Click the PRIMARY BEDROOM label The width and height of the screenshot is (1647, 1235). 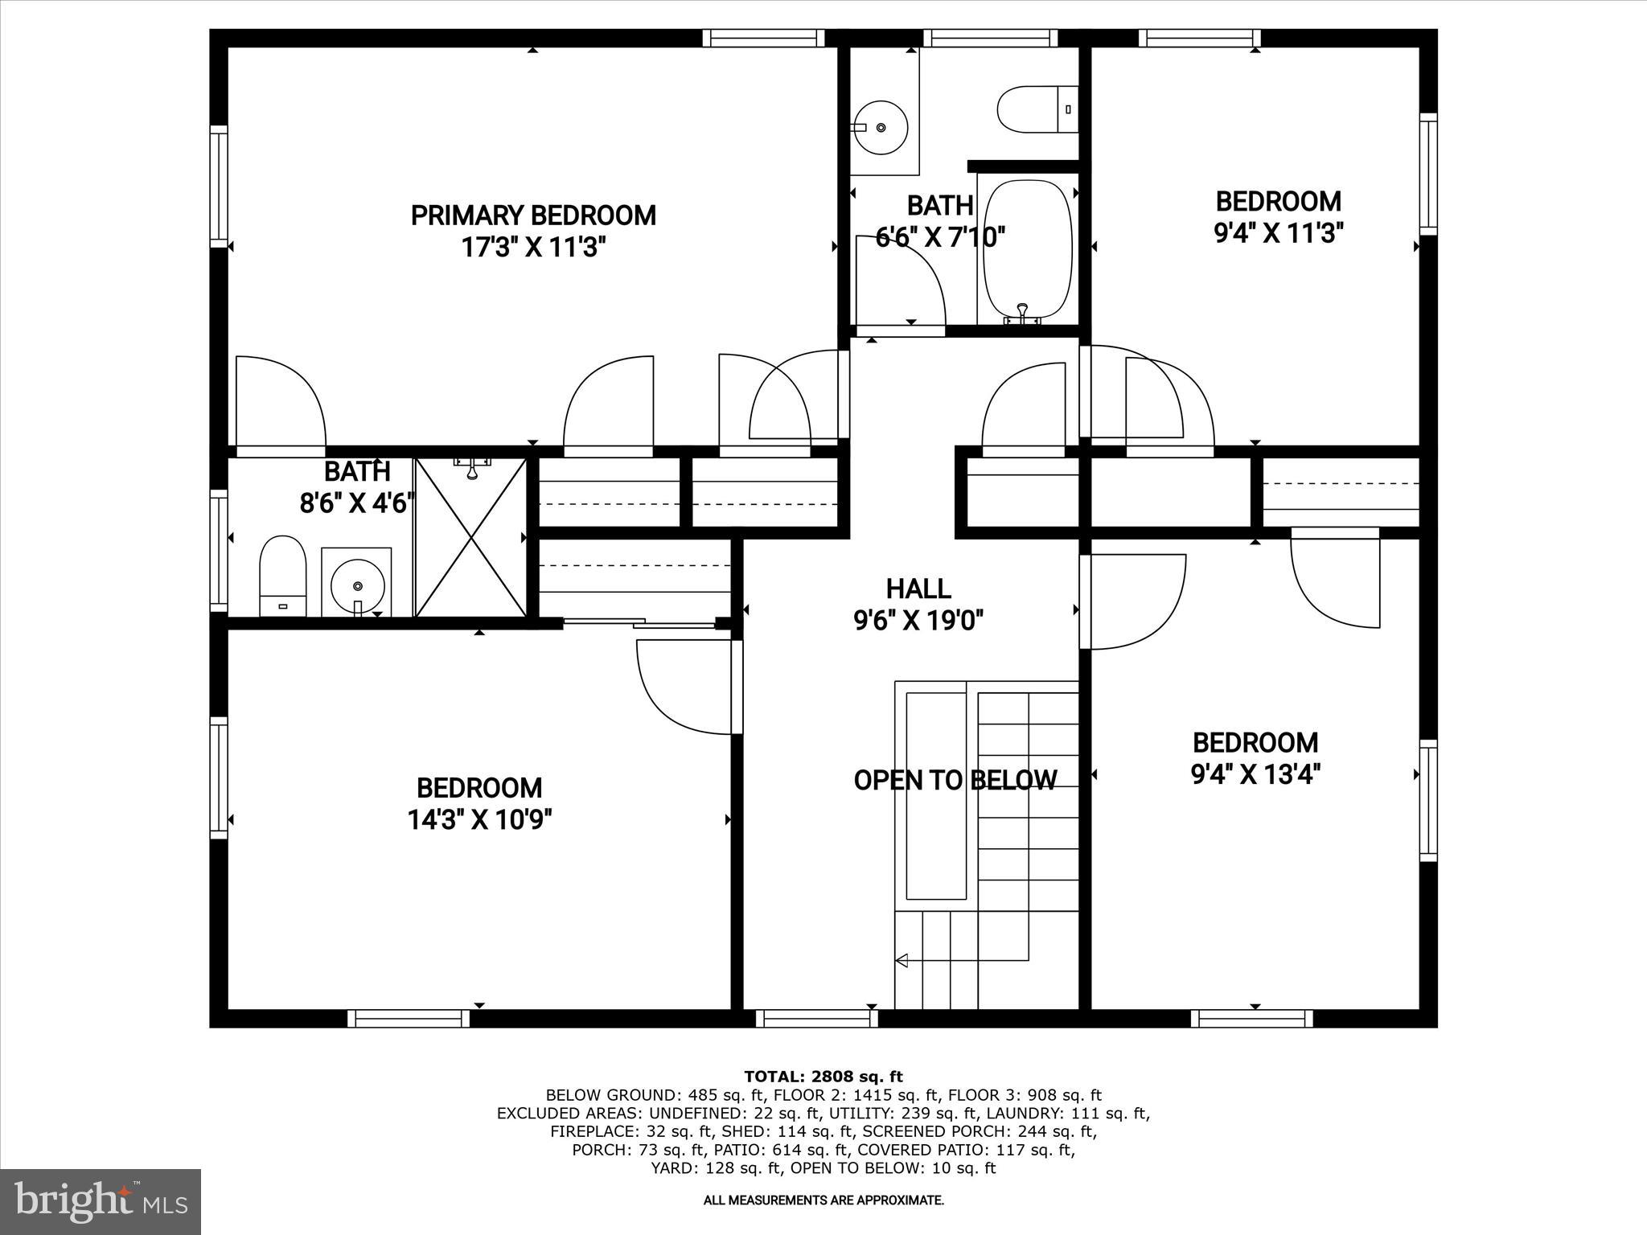pos(533,215)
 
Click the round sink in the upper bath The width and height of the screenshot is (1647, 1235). pos(881,128)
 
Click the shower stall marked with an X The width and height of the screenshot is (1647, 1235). pos(471,537)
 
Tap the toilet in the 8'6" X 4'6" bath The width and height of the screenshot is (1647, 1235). pos(283,574)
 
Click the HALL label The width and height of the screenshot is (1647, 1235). pos(918,589)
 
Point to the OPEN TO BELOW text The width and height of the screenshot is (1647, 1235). pos(955,780)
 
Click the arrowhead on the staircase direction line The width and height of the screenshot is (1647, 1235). pos(902,960)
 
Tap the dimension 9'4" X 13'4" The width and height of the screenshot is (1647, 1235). pos(1255,774)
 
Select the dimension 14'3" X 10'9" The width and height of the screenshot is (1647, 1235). pos(479,819)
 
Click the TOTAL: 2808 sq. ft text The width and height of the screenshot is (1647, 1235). pos(823,1077)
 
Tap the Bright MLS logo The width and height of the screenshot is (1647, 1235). pos(101,1201)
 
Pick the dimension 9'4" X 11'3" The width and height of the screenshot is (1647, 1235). pos(1279,233)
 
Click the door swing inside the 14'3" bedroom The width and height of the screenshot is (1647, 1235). pos(684,687)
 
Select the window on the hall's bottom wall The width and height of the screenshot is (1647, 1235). pos(817,1019)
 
